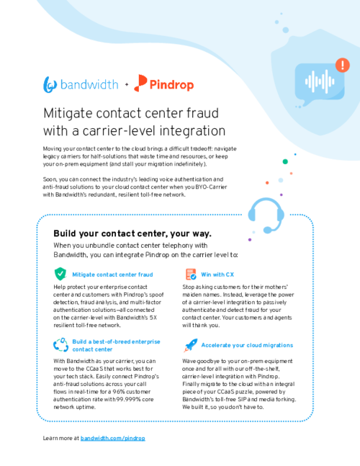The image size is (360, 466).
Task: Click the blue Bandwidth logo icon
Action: click(x=50, y=85)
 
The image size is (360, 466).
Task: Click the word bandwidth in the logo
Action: click(x=89, y=85)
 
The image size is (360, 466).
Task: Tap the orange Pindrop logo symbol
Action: click(x=141, y=83)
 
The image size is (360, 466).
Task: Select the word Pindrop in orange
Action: click(x=172, y=85)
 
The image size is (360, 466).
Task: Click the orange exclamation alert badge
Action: click(x=343, y=65)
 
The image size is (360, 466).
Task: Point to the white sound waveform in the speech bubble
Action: click(x=319, y=81)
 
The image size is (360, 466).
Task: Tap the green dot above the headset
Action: click(x=285, y=161)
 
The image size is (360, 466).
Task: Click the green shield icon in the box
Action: click(x=60, y=274)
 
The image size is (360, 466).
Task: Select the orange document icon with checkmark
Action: click(x=191, y=274)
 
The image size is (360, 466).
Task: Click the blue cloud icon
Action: click(x=60, y=345)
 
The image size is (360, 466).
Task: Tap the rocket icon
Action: click(x=190, y=346)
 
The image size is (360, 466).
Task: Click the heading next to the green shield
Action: click(x=112, y=274)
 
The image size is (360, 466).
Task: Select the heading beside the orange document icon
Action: click(x=217, y=274)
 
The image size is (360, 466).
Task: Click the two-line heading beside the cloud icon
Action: click(x=116, y=345)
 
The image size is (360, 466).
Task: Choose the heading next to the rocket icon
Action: click(x=247, y=345)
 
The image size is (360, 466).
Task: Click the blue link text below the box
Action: click(x=112, y=438)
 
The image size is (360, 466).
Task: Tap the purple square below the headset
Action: click(x=250, y=239)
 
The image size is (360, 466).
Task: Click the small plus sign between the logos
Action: click(x=127, y=85)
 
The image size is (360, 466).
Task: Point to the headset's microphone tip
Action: click(x=267, y=230)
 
